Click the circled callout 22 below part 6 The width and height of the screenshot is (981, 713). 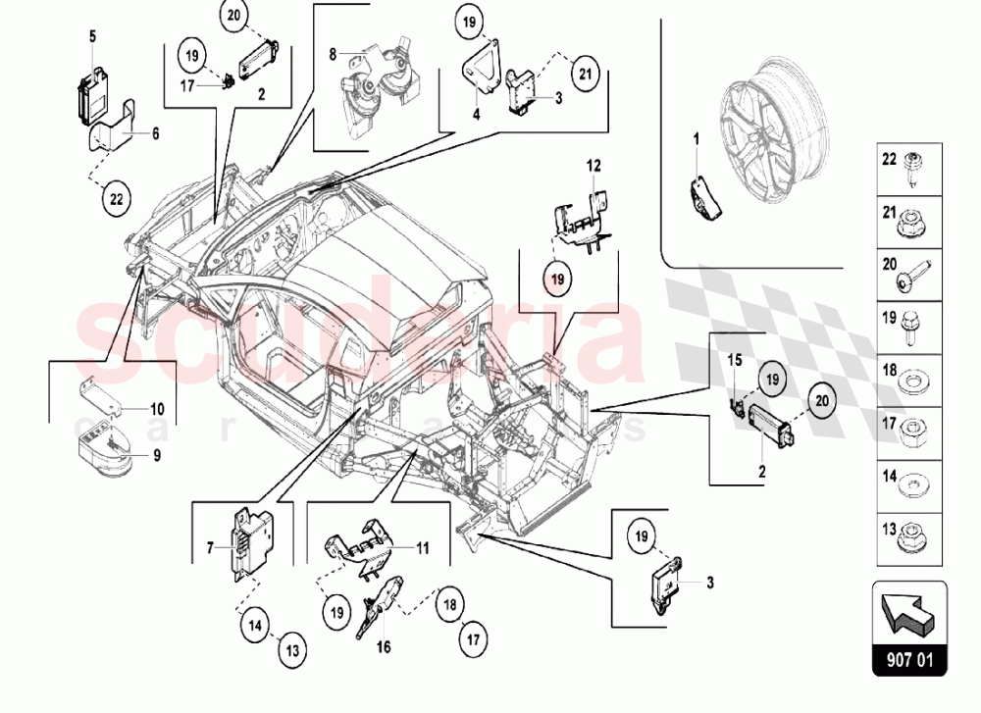(x=116, y=198)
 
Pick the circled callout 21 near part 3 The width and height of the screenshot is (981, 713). (x=585, y=73)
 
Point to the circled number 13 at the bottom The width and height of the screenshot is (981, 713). (x=293, y=648)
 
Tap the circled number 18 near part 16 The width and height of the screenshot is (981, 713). (x=448, y=603)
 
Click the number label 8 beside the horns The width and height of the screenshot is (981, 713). (x=333, y=52)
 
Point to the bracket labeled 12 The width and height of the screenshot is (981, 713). (x=577, y=216)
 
